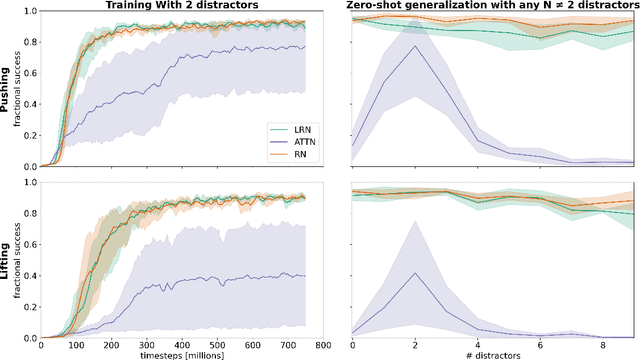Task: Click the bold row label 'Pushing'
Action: (x=6, y=88)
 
